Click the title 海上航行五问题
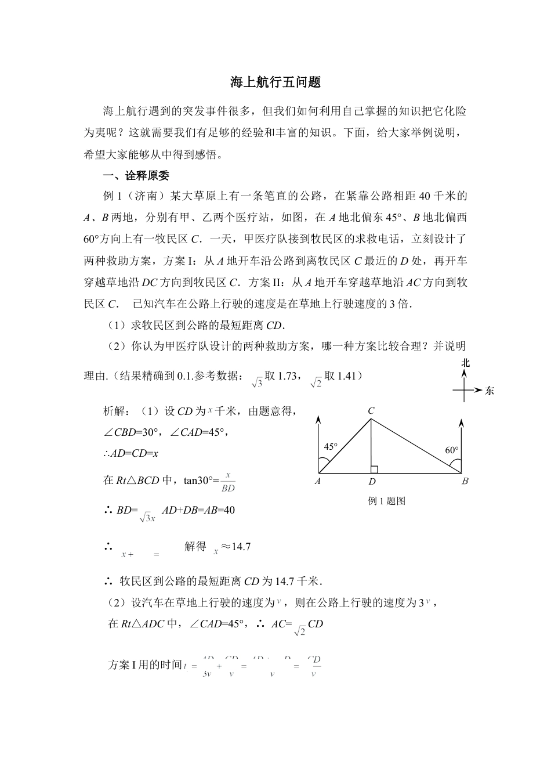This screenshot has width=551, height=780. click(275, 82)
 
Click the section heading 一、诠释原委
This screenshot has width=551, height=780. click(136, 176)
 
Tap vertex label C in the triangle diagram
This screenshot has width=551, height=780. click(371, 411)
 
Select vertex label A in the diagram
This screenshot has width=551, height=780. click(318, 481)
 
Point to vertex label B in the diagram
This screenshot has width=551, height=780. click(465, 481)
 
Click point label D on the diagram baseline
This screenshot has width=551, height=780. click(372, 481)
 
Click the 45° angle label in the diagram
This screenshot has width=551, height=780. click(331, 447)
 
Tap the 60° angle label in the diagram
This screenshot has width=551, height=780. click(451, 450)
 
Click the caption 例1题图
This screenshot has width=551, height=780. click(386, 501)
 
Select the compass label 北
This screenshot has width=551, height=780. click(465, 363)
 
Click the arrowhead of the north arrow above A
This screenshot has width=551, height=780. click(318, 418)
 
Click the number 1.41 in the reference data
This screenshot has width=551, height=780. click(346, 376)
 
